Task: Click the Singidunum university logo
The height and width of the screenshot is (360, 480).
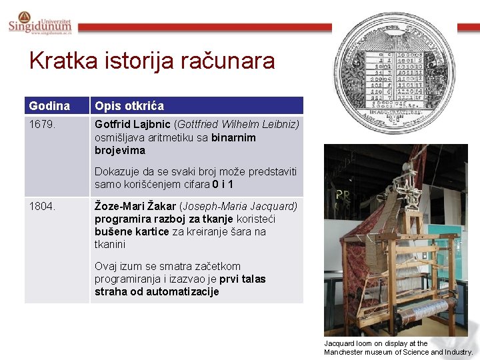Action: [39, 23]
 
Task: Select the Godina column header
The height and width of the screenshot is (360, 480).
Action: [49, 106]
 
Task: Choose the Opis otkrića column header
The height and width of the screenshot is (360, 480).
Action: [129, 106]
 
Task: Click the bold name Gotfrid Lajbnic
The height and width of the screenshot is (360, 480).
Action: [133, 125]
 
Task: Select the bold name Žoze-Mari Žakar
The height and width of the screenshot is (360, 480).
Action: [135, 206]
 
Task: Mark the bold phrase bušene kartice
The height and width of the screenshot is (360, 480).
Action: [131, 232]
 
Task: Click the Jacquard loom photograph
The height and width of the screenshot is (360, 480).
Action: [395, 240]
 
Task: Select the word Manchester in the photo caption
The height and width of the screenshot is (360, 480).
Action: [345, 352]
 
